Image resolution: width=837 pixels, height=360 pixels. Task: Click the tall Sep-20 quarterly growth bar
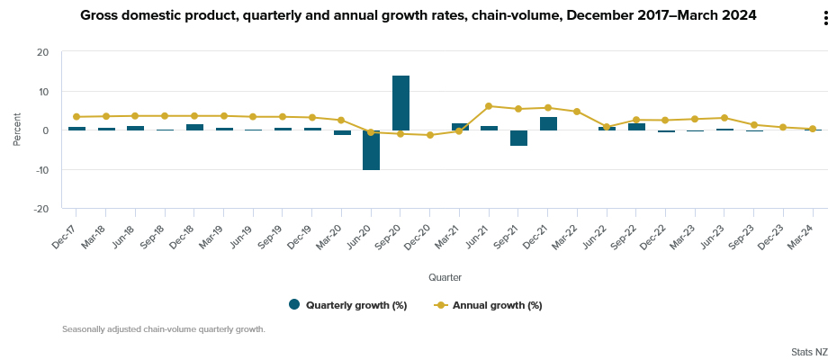pyautogui.click(x=400, y=103)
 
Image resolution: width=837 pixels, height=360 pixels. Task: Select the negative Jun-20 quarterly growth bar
pyautogui.click(x=371, y=150)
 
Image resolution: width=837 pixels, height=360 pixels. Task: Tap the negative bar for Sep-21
pyautogui.click(x=518, y=138)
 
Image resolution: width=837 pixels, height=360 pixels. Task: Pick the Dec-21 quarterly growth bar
pyautogui.click(x=548, y=123)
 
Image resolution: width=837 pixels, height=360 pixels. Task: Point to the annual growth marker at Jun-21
pyautogui.click(x=489, y=106)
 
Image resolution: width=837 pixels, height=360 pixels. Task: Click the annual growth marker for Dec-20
pyautogui.click(x=430, y=135)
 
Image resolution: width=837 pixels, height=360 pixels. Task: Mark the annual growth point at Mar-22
pyautogui.click(x=577, y=112)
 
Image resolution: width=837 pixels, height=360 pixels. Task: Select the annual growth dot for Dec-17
pyautogui.click(x=76, y=117)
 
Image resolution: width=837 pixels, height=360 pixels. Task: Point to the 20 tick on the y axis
pyautogui.click(x=43, y=52)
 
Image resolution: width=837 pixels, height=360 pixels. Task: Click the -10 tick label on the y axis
pyautogui.click(x=41, y=170)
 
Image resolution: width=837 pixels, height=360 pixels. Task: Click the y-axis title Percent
pyautogui.click(x=17, y=130)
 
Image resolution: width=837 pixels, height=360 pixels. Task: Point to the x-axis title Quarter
pyautogui.click(x=445, y=277)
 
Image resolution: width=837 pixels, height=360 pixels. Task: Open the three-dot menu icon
pyautogui.click(x=825, y=19)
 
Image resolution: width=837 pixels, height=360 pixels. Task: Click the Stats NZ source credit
pyautogui.click(x=809, y=352)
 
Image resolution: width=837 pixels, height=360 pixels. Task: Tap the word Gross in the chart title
pyautogui.click(x=102, y=15)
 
